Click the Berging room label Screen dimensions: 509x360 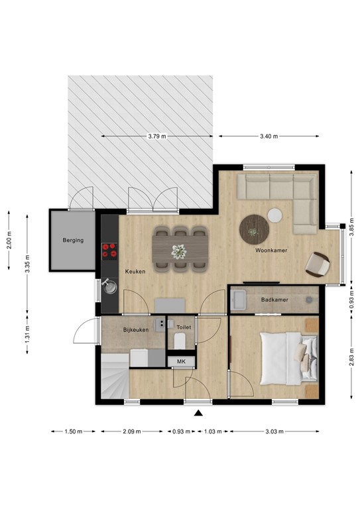[73, 240]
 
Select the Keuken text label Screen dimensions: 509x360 [135, 272]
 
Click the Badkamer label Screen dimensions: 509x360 [274, 300]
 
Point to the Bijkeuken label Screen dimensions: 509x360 [136, 329]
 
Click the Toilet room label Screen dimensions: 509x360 [184, 327]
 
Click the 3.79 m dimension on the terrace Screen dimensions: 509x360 [157, 136]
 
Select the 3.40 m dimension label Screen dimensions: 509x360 [269, 136]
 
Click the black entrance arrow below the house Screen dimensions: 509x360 [198, 414]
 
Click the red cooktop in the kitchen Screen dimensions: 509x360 [109, 251]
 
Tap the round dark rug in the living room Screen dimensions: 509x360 [254, 231]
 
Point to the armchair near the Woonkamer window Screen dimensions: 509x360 [318, 264]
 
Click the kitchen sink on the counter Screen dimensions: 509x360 [110, 288]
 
